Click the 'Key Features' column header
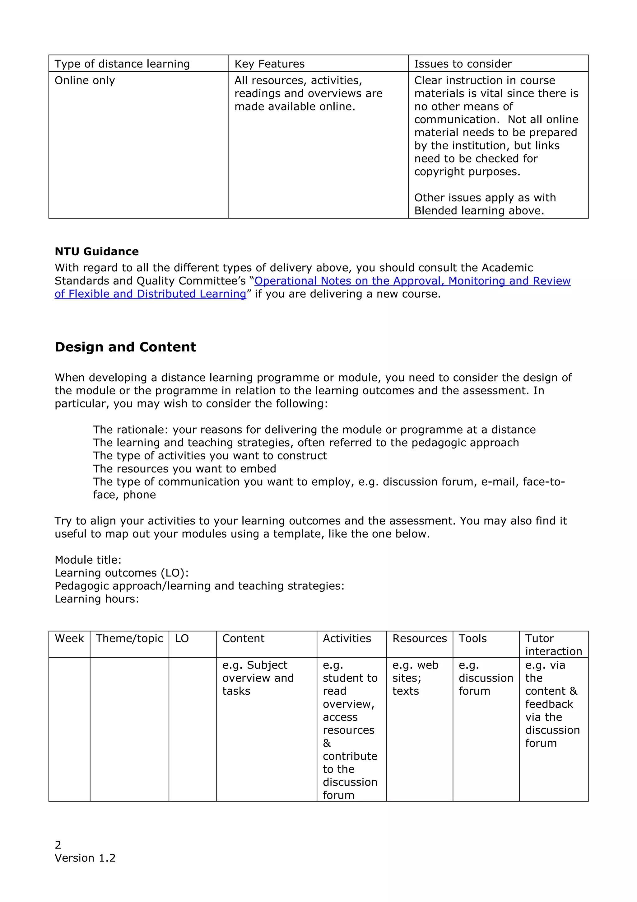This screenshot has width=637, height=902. (269, 63)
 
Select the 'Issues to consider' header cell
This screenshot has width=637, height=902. (463, 63)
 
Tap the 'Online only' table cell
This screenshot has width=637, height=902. (85, 81)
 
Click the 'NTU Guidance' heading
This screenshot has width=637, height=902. (96, 251)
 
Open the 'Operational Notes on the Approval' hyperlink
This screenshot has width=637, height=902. (412, 281)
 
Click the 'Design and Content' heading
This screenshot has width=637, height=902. (125, 347)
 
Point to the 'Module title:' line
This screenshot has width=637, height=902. (88, 560)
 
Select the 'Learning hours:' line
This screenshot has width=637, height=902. (96, 599)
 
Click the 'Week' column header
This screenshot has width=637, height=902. (69, 638)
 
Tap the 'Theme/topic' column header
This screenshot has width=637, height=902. (129, 638)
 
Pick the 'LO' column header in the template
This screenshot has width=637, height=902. (182, 638)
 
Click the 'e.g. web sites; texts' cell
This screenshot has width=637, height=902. (415, 678)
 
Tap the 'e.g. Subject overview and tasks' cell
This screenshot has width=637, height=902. (258, 678)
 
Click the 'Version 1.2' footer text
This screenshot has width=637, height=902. (85, 858)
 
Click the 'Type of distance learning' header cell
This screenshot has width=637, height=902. (122, 63)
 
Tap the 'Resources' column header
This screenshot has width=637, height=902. (419, 638)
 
